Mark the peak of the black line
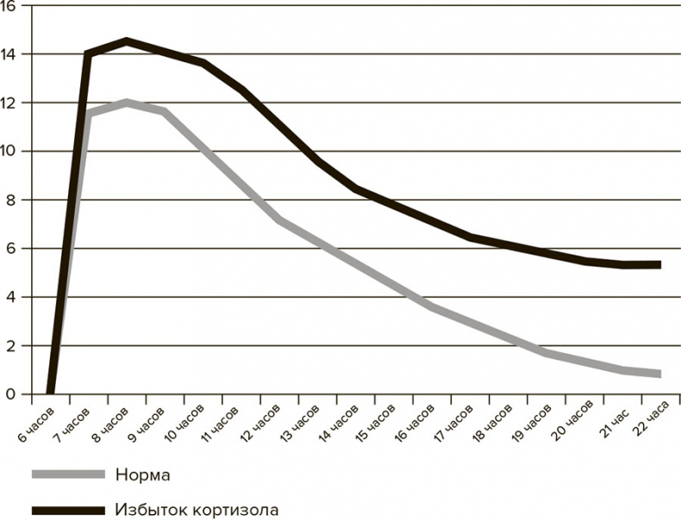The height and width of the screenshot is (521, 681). click(x=127, y=41)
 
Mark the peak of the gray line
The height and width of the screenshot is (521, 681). click(x=127, y=103)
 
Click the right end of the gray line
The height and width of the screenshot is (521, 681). click(x=659, y=373)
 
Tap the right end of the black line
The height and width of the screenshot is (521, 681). click(x=659, y=265)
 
